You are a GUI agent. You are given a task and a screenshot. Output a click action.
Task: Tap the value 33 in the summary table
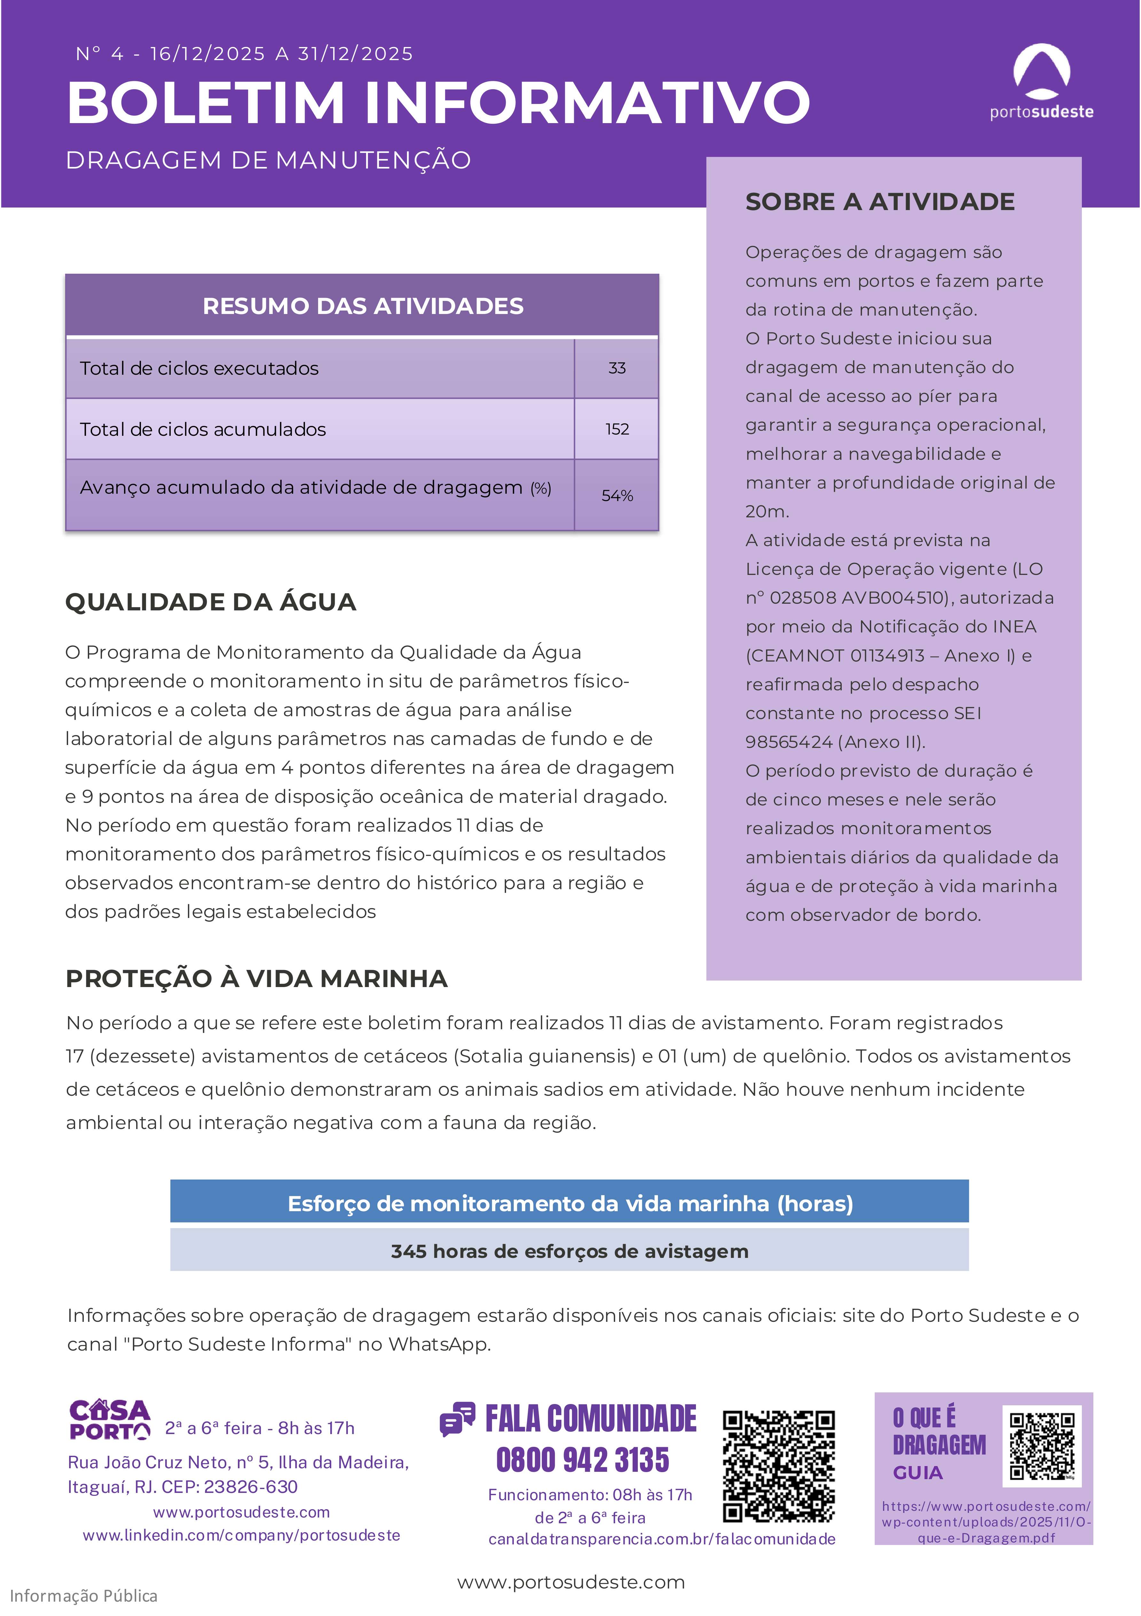(x=617, y=368)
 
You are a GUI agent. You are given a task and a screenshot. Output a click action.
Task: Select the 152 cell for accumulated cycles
(x=617, y=429)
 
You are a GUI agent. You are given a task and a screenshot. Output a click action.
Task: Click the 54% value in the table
(x=617, y=496)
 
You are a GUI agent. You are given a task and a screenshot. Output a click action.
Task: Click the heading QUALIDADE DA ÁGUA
(x=210, y=602)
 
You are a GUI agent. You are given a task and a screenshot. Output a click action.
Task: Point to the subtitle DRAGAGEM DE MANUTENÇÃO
(x=268, y=161)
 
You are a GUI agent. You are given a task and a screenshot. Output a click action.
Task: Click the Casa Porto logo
(x=110, y=1420)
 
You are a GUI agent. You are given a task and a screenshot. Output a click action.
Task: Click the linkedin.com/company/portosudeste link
(x=241, y=1535)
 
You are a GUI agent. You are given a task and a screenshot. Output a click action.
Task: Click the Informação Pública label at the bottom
(x=84, y=1596)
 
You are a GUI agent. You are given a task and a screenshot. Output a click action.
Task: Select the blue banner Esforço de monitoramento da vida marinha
(x=569, y=1204)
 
